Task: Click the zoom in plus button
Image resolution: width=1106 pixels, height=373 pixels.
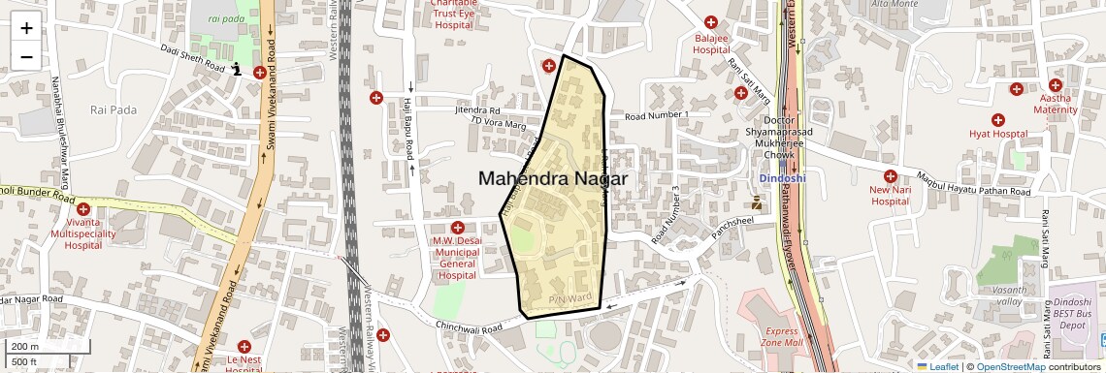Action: (x=26, y=28)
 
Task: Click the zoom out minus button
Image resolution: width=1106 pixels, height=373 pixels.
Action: (x=26, y=56)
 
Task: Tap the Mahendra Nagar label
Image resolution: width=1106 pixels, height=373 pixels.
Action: (x=553, y=179)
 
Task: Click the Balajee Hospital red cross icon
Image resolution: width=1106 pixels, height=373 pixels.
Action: (x=711, y=22)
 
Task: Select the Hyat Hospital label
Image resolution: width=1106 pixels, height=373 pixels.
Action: (x=997, y=134)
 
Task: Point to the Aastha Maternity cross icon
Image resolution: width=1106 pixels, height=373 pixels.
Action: (x=1016, y=89)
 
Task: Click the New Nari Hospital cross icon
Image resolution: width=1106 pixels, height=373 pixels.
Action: (x=890, y=177)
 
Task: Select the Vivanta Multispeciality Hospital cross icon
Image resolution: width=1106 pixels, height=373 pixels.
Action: (x=82, y=209)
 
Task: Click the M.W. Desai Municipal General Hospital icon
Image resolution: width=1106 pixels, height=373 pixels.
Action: (x=457, y=227)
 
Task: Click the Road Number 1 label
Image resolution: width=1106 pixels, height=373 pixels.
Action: (x=656, y=116)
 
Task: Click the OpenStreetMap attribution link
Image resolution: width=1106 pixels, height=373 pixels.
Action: (x=1012, y=366)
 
